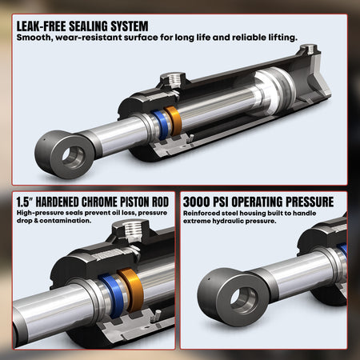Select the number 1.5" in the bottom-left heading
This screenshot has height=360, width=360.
(x=26, y=202)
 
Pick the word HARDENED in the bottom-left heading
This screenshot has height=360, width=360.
(x=63, y=202)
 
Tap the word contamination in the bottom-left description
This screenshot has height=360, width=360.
(x=65, y=221)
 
